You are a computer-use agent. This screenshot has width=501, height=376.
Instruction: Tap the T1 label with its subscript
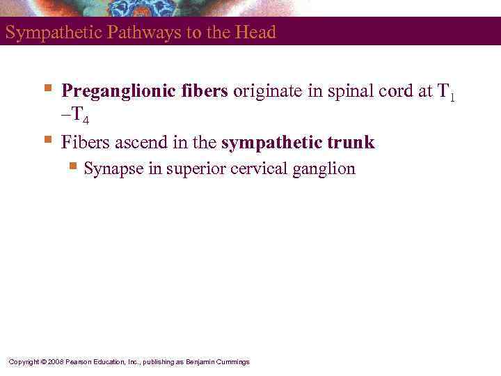(446, 93)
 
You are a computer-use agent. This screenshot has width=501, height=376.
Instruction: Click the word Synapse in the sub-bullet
(113, 169)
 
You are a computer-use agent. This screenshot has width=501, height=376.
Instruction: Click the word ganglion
(326, 169)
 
